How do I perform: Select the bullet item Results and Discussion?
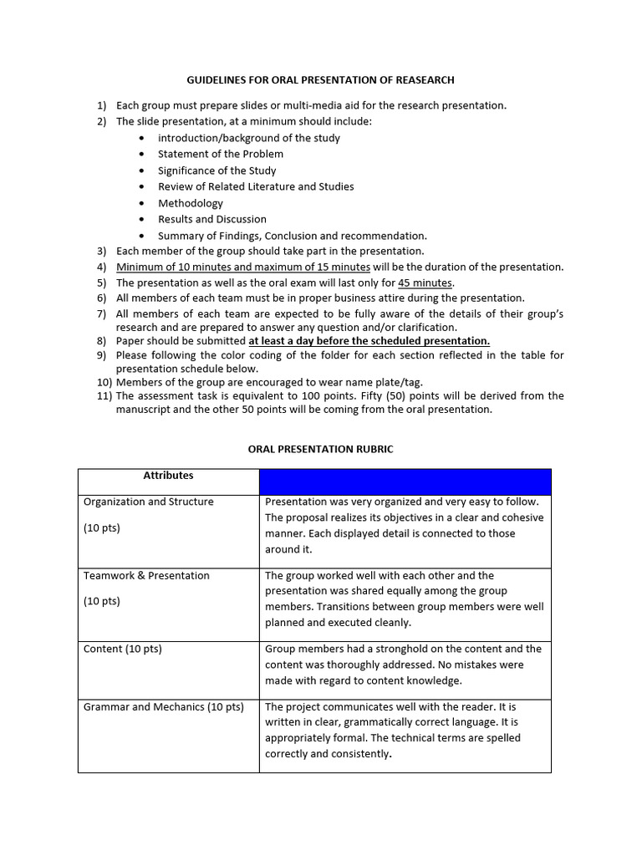point(212,219)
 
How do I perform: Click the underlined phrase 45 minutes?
point(425,283)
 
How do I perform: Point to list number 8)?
point(101,341)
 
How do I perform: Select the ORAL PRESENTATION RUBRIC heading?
point(320,449)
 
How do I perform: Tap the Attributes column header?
point(168,476)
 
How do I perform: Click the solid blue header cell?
point(405,481)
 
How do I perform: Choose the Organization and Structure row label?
point(148,502)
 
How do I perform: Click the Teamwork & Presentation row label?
point(146,576)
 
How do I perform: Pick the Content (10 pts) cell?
point(123,649)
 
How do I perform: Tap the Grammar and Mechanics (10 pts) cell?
point(164,707)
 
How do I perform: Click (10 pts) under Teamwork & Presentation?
point(102,601)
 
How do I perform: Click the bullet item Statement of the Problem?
point(221,154)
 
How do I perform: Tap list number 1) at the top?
point(101,105)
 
